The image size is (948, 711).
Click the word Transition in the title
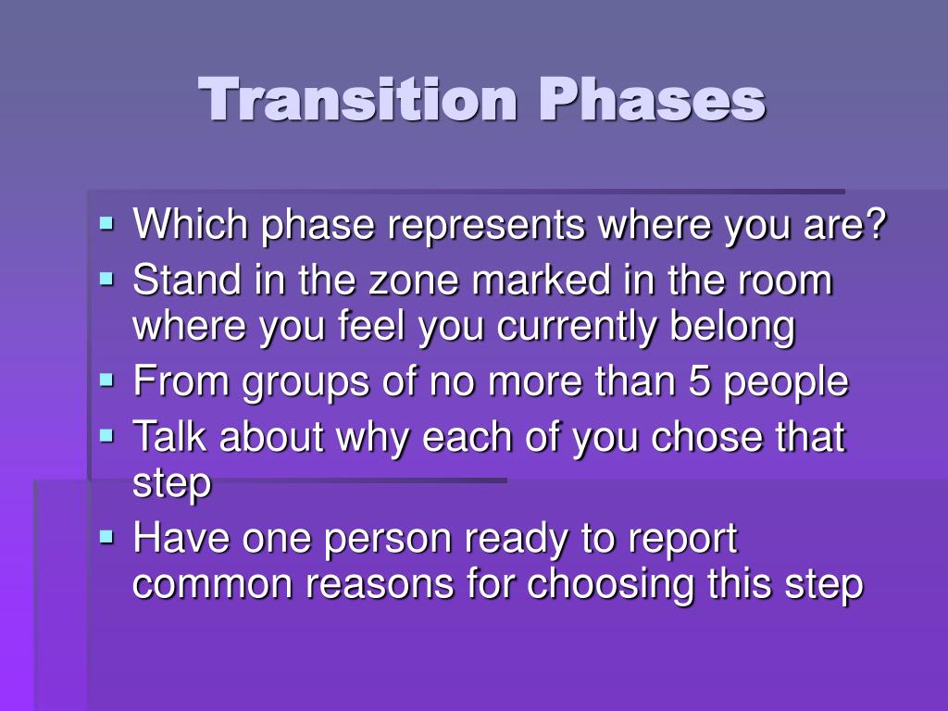click(x=357, y=99)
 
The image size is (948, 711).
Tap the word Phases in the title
click(x=653, y=99)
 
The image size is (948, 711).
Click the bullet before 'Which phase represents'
click(x=107, y=224)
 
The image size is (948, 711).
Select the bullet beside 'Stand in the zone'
click(x=107, y=280)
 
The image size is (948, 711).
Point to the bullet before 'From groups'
click(x=107, y=380)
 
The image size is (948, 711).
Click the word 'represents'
click(x=487, y=227)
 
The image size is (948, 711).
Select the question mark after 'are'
click(x=874, y=224)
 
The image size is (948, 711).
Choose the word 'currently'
click(x=577, y=328)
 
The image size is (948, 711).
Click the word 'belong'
click(x=733, y=328)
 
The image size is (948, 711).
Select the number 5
click(x=699, y=380)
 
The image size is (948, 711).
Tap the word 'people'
click(x=786, y=383)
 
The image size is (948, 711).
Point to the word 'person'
click(x=388, y=541)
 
